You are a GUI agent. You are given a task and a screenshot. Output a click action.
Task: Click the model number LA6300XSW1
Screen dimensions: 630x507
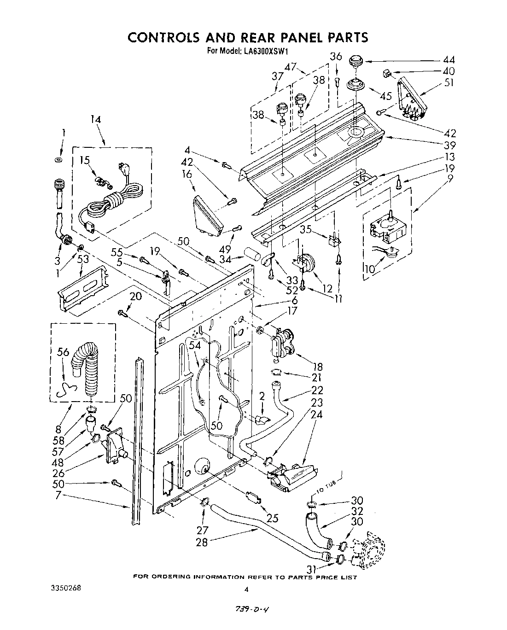pyautogui.click(x=267, y=51)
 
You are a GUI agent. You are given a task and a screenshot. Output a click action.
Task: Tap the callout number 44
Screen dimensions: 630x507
pyautogui.click(x=448, y=59)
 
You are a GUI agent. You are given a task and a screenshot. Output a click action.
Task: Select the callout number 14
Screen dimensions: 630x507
pyautogui.click(x=95, y=120)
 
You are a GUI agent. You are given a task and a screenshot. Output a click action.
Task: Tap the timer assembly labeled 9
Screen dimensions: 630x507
pyautogui.click(x=386, y=229)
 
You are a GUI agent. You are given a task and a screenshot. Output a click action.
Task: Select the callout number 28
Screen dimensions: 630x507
pyautogui.click(x=202, y=542)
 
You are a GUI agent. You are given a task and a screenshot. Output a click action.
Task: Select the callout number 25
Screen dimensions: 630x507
pyautogui.click(x=273, y=518)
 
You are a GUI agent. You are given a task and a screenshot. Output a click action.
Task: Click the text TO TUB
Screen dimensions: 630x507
pyautogui.click(x=326, y=488)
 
